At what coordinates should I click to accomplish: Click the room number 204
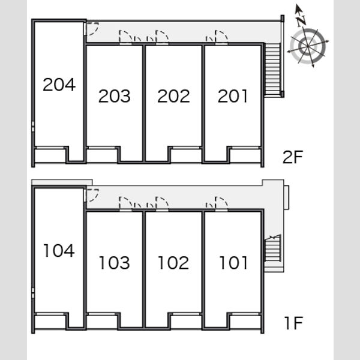(59, 85)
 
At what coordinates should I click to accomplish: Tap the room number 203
(115, 96)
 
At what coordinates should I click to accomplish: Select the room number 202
(173, 96)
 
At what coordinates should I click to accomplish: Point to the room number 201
(233, 96)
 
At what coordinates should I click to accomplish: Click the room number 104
(59, 250)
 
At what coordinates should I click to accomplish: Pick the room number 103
(115, 263)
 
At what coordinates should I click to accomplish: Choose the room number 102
(173, 263)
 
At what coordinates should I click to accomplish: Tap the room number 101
(233, 263)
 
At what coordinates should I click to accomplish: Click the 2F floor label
(293, 157)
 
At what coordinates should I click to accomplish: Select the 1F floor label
(294, 323)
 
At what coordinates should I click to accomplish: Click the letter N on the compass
(301, 20)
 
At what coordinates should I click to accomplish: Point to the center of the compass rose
(307, 46)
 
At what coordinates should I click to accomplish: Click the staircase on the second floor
(272, 70)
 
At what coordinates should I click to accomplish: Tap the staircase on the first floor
(273, 248)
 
